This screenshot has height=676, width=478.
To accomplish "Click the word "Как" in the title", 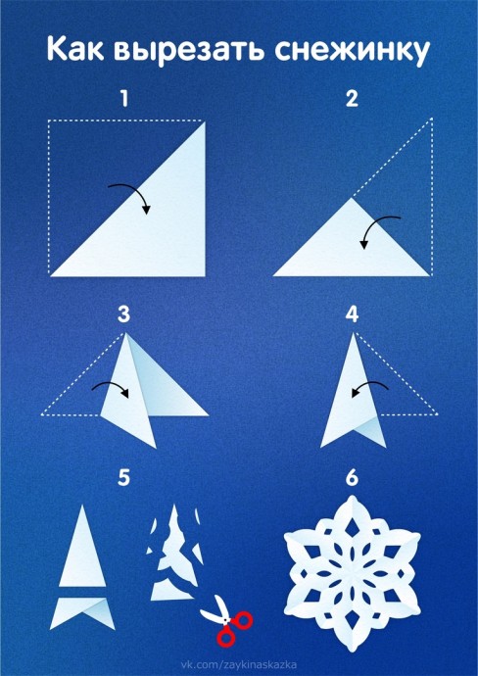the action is pyautogui.click(x=74, y=49).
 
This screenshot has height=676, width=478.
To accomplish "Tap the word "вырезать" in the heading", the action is pyautogui.click(x=190, y=51).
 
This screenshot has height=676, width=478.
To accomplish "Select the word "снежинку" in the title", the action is pyautogui.click(x=353, y=51).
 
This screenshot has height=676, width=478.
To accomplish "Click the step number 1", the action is pyautogui.click(x=124, y=99).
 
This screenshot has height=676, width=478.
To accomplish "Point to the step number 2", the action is pyautogui.click(x=352, y=99).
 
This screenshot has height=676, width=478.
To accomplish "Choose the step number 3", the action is pyautogui.click(x=123, y=315).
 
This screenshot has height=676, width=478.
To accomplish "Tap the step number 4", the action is pyautogui.click(x=352, y=315).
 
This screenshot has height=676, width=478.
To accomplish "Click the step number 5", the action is pyautogui.click(x=123, y=478).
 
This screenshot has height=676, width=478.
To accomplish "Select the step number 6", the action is pyautogui.click(x=352, y=478).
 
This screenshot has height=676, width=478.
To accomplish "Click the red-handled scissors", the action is pyautogui.click(x=227, y=621).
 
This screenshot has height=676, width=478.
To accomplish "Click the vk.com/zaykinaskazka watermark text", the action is pyautogui.click(x=238, y=665).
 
